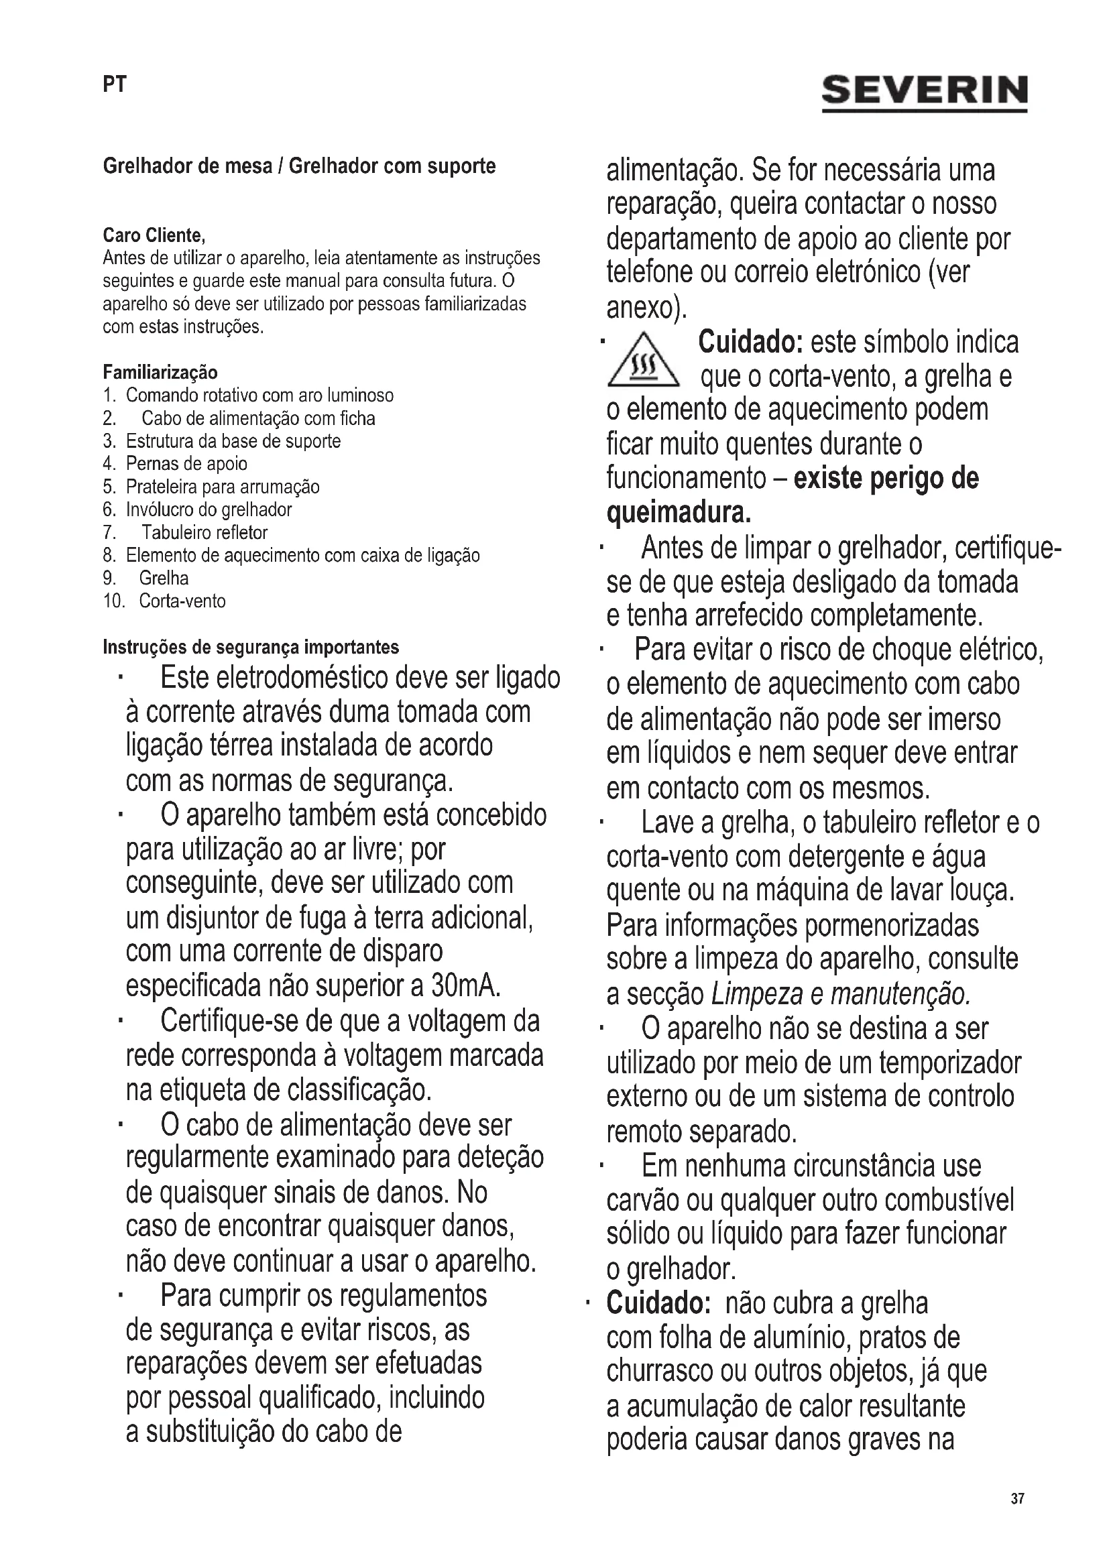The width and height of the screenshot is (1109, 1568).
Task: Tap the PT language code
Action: (114, 84)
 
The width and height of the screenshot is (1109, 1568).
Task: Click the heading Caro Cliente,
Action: (154, 235)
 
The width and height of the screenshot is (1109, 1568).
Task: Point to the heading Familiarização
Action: (160, 373)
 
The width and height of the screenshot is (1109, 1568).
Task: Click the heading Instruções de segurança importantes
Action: (251, 647)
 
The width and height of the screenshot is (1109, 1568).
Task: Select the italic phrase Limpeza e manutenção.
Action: (840, 994)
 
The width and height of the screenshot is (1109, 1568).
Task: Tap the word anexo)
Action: (645, 308)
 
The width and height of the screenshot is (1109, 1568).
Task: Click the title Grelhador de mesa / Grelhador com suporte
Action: (299, 166)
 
